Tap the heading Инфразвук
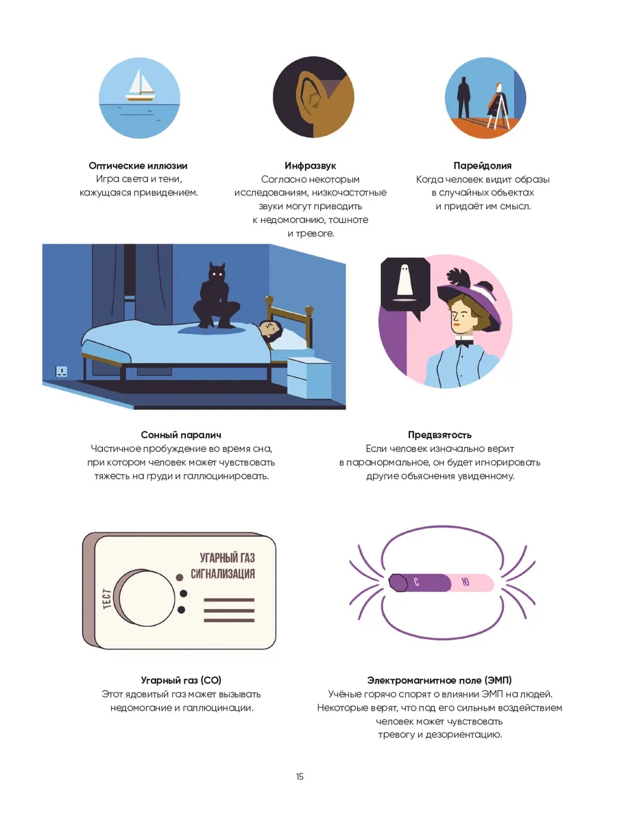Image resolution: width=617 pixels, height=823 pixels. click(310, 165)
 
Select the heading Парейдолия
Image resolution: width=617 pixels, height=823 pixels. click(483, 165)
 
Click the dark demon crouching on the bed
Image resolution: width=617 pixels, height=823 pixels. click(216, 295)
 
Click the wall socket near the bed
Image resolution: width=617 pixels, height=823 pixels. click(62, 371)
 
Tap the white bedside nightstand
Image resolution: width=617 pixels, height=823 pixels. click(309, 377)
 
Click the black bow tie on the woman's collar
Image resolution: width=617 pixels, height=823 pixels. click(465, 342)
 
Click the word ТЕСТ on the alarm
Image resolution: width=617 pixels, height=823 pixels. click(107, 599)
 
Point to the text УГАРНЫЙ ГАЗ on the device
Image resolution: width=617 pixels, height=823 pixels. click(227, 558)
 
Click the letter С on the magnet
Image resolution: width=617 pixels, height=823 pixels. click(416, 582)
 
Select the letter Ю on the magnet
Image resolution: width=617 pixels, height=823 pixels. click(465, 582)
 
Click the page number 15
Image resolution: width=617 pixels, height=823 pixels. click(300, 776)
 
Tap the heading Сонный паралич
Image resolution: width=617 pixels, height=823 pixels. click(181, 435)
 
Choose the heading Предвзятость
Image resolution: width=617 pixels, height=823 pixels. click(440, 435)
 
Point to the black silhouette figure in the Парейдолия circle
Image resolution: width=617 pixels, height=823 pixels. click(464, 97)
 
